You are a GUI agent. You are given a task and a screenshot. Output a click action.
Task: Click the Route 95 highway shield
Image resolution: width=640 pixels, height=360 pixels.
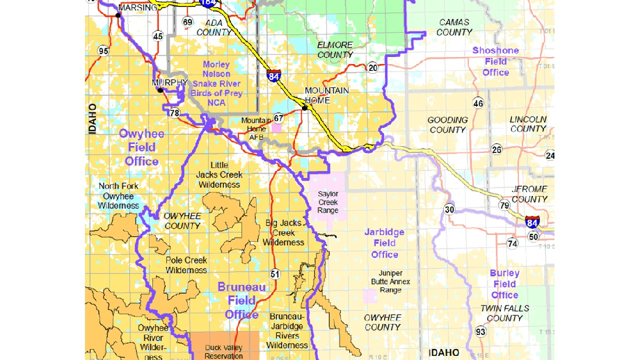pos(103,51)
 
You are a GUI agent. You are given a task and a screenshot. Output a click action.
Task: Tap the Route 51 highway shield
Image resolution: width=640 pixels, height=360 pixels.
pos(275,274)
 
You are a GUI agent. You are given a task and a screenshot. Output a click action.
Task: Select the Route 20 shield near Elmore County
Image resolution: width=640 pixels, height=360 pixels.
pos(372,67)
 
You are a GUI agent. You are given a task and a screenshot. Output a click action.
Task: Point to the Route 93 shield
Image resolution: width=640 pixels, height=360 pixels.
pos(481,332)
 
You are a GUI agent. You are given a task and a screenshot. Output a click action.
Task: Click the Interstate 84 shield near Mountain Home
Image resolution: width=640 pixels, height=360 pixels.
pos(274,76)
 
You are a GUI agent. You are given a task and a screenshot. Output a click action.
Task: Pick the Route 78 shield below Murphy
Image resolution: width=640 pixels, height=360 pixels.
pos(175,113)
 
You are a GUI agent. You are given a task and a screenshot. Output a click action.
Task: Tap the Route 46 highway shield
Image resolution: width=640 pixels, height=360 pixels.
pos(478,104)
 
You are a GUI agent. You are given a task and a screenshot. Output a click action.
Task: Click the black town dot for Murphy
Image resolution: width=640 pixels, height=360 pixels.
pos(160,90)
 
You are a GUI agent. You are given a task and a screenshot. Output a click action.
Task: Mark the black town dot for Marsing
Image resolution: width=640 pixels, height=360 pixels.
pos(118,15)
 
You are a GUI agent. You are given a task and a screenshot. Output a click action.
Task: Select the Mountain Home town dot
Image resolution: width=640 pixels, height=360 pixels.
pos(304,108)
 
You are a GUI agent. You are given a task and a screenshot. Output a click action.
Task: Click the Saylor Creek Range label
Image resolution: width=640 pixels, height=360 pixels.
pos(328,202)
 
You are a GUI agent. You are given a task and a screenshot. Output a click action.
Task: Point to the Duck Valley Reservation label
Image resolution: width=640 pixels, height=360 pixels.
pos(224,352)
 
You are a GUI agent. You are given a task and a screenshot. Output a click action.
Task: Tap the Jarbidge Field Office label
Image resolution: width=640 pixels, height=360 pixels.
pos(384,243)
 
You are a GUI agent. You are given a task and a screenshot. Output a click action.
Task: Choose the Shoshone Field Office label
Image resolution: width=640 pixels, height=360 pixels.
pos(495,61)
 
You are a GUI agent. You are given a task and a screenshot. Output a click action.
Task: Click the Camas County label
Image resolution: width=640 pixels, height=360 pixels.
pos(454,27)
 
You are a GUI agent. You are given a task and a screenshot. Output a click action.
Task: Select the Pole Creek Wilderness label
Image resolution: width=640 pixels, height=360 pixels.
pos(186,265)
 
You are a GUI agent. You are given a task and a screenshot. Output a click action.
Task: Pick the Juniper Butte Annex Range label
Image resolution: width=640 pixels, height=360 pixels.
pos(390,281)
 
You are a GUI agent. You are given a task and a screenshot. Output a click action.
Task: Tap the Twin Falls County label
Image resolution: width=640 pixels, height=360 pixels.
pos(504,313)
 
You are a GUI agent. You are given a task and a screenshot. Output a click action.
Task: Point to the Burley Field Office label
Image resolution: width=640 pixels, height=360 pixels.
pos(504,284)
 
